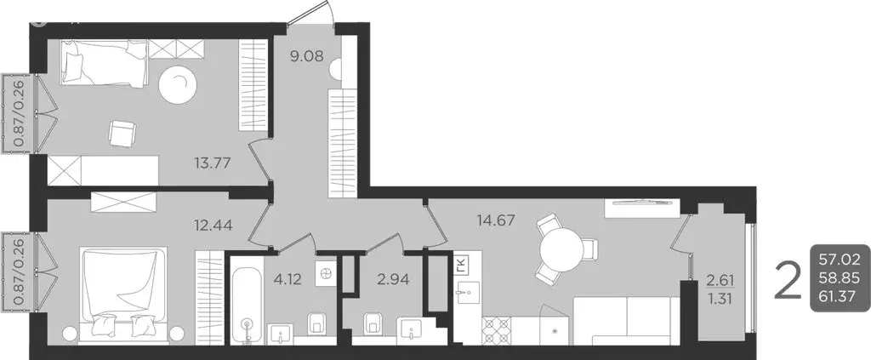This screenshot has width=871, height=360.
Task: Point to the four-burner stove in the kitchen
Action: click(x=496, y=329)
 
